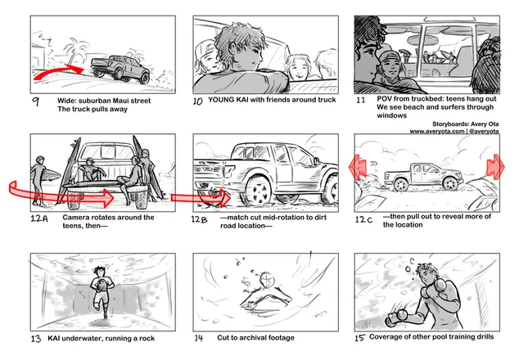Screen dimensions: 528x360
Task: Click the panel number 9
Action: (x=36, y=101)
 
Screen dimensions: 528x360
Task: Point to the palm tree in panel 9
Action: (x=75, y=51)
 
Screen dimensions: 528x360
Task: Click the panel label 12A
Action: (x=39, y=218)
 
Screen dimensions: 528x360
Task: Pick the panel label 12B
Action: (x=200, y=219)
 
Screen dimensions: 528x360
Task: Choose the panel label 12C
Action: (x=364, y=219)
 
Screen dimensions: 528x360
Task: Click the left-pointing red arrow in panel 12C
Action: (x=357, y=167)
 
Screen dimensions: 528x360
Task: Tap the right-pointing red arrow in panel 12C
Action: (x=495, y=167)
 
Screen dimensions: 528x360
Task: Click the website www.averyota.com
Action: (x=437, y=131)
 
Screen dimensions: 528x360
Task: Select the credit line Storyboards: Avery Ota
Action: (x=465, y=124)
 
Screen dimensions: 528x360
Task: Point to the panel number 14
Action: (x=199, y=338)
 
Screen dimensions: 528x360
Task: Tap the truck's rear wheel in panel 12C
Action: (x=401, y=184)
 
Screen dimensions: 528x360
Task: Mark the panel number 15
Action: (x=359, y=337)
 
